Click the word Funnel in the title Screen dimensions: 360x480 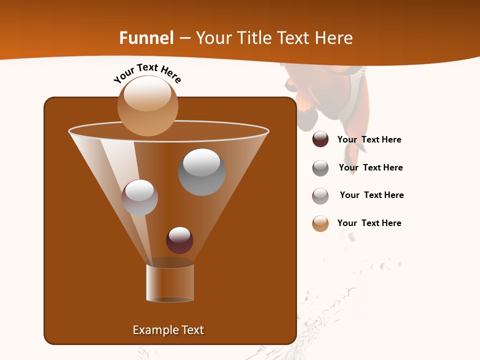coord(146,38)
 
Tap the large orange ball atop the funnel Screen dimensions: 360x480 coord(147,106)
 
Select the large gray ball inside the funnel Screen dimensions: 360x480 coord(201,172)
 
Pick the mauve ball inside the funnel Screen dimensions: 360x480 coord(139,197)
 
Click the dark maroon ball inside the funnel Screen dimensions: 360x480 coord(179,240)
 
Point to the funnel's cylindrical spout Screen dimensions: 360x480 coord(169,283)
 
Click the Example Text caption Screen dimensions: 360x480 coord(168,330)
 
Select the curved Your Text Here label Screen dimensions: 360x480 coord(147,73)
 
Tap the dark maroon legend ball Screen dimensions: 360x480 coord(320,139)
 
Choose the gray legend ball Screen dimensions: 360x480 coord(320,168)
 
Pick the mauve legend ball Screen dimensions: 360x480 coord(320,196)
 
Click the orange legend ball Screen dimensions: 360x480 coord(320,223)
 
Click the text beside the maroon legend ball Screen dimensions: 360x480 coord(369,140)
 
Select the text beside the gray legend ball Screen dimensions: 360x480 coord(370,168)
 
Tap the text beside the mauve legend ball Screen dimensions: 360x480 coord(371,195)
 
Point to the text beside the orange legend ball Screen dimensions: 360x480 coord(369,223)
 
